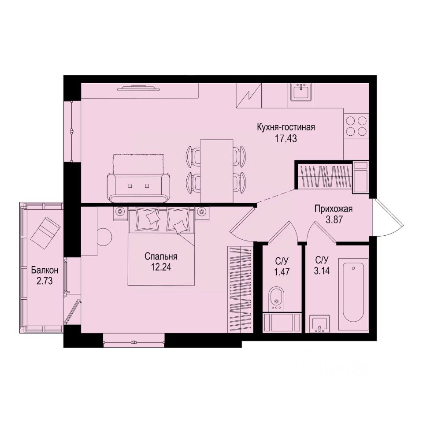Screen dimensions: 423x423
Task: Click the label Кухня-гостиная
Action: pyautogui.click(x=286, y=128)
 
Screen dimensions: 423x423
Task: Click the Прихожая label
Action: pyautogui.click(x=334, y=209)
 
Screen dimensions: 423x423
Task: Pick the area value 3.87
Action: pyautogui.click(x=334, y=219)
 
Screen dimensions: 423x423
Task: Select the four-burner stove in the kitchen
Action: pyautogui.click(x=356, y=126)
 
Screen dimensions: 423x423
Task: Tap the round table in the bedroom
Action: pyautogui.click(x=105, y=237)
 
